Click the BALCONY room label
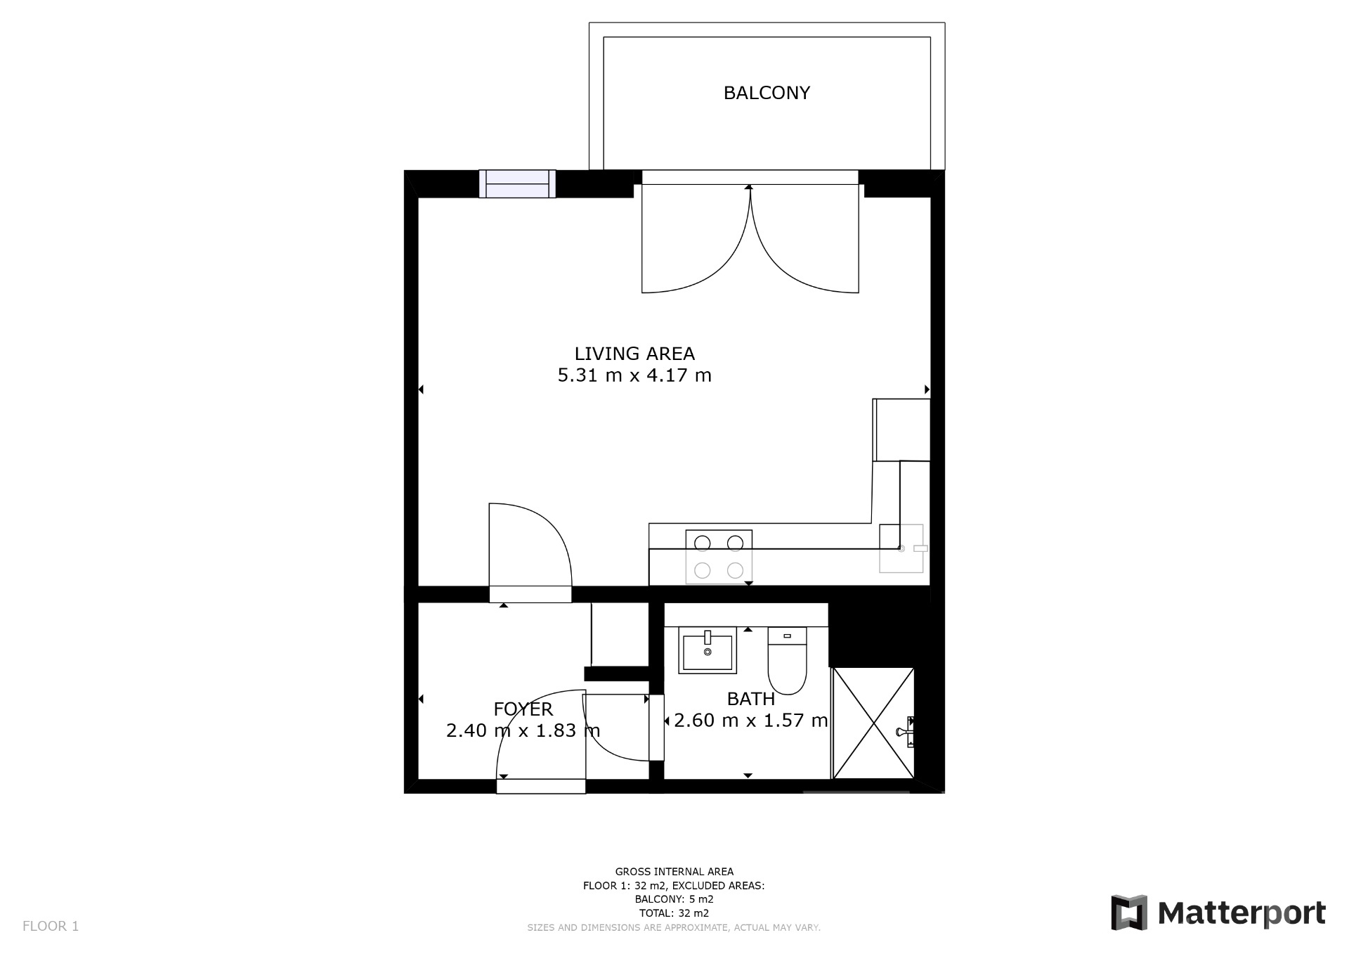(x=767, y=93)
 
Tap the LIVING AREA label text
(x=634, y=354)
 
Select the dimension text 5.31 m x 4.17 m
(x=634, y=375)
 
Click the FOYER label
(x=523, y=709)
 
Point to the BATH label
(x=751, y=699)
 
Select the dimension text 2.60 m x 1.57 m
(x=751, y=721)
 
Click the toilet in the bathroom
(x=787, y=660)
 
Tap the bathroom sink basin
(x=708, y=650)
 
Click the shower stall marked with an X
(x=873, y=723)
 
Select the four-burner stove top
(x=719, y=557)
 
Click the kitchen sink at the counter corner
(x=903, y=548)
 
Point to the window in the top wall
(x=517, y=183)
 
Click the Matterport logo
(x=1218, y=913)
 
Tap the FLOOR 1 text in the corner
(x=51, y=926)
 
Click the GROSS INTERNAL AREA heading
(x=674, y=872)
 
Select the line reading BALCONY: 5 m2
(x=674, y=899)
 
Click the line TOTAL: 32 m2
(x=674, y=913)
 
